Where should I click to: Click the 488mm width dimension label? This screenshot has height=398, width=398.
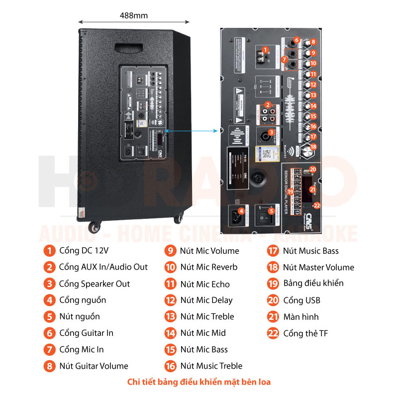pyautogui.click(x=134, y=15)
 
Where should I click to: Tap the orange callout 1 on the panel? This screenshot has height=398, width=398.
pyautogui.click(x=265, y=49)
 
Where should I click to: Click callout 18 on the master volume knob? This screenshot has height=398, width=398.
pyautogui.click(x=313, y=147)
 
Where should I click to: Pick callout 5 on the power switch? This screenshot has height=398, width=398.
pyautogui.click(x=271, y=210)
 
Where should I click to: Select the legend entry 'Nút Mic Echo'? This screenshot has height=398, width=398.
pyautogui.click(x=205, y=284)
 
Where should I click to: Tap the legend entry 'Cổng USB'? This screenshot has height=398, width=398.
pyautogui.click(x=301, y=300)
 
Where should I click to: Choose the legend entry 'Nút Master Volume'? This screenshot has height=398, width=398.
pyautogui.click(x=318, y=267)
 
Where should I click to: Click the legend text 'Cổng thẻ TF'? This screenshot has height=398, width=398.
pyautogui.click(x=306, y=333)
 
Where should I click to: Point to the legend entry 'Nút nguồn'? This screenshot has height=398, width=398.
pyautogui.click(x=79, y=316)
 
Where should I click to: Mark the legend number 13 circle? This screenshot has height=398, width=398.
pyautogui.click(x=171, y=316)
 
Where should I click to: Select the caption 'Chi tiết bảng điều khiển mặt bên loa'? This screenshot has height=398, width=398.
pyautogui.click(x=199, y=382)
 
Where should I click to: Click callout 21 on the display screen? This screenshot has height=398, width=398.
pyautogui.click(x=313, y=189)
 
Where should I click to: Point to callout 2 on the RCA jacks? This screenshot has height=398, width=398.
pyautogui.click(x=268, y=105)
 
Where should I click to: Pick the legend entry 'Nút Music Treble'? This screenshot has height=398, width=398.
pyautogui.click(x=211, y=366)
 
